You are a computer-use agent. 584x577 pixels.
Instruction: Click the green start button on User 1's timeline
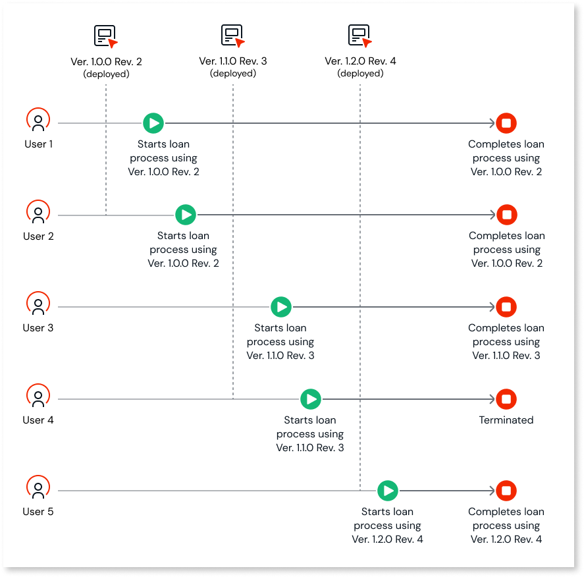coord(153,123)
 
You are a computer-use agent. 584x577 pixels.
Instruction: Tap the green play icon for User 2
coord(186,215)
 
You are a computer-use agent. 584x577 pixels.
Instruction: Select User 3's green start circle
coord(281,307)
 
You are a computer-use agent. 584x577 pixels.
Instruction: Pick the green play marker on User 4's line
coord(311,398)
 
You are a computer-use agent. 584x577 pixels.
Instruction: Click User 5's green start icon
coord(388,491)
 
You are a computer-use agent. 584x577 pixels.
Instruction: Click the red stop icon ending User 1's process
coord(506,123)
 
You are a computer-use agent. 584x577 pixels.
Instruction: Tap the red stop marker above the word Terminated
coord(506,398)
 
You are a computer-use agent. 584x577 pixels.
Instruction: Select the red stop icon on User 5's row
coord(506,491)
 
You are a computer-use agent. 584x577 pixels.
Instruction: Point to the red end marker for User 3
coord(506,307)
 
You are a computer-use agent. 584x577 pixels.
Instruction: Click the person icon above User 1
coord(38,121)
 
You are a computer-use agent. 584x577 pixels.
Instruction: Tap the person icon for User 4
coord(38,397)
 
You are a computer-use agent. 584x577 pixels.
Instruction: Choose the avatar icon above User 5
coord(38,489)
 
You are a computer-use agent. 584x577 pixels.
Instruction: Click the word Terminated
coord(506,420)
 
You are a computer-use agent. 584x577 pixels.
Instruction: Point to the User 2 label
coord(38,236)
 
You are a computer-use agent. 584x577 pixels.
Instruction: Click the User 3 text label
coord(38,328)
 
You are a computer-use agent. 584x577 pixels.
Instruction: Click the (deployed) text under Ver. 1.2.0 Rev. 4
coord(360,74)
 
